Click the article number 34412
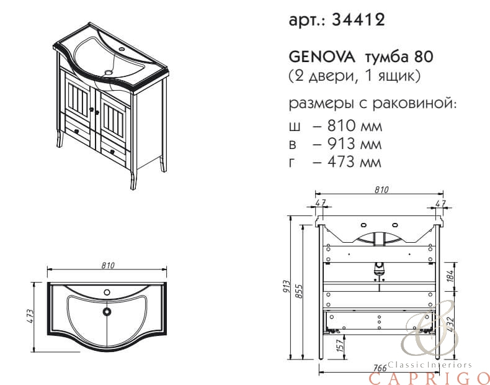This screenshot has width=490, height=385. [359, 20]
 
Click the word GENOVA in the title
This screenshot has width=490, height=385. [322, 57]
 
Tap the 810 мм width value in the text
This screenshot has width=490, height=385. [354, 126]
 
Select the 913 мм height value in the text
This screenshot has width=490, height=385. [354, 144]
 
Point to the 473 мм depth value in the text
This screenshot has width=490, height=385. [354, 162]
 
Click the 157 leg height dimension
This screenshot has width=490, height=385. [340, 345]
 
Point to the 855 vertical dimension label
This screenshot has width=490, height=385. [299, 291]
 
